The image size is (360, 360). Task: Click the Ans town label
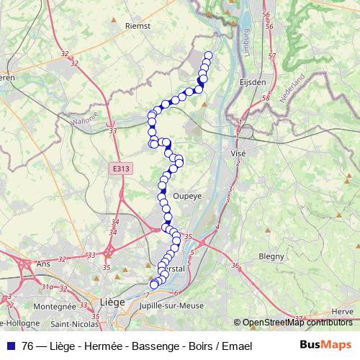(42, 264)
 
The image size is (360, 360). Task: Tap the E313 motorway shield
(121, 168)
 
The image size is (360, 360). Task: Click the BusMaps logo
(325, 345)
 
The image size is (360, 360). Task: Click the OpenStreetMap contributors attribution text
(297, 323)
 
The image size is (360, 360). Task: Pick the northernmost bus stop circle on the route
(209, 55)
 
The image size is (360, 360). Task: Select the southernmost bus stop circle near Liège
(153, 284)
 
